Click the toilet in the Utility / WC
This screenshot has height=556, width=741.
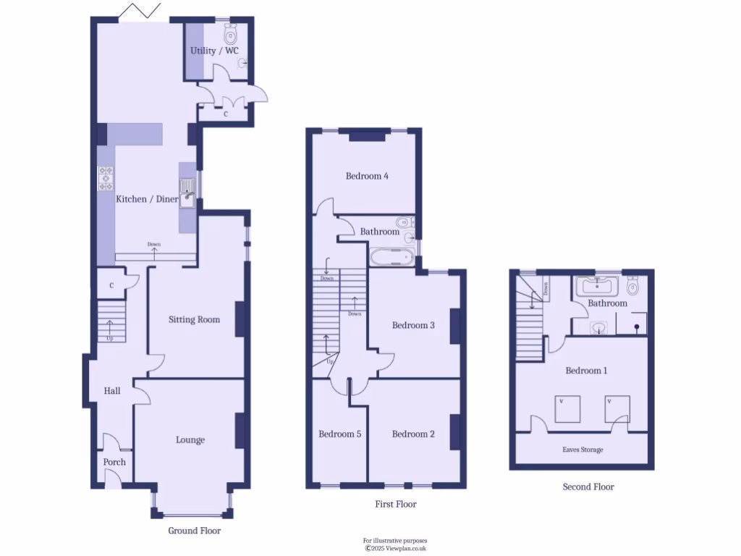pos(231,33)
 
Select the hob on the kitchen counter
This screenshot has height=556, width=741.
pos(106,178)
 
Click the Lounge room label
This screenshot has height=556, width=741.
pos(190,439)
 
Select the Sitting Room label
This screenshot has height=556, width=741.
pos(194,319)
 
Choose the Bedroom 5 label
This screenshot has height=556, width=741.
pos(339,434)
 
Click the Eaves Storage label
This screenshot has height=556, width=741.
pos(583,450)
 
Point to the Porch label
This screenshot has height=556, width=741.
pos(114,462)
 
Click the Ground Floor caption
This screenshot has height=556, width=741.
pos(194,531)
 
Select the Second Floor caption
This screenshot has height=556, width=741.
pos(588,486)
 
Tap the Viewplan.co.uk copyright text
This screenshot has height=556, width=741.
pos(395,548)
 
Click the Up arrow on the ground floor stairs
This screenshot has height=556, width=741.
pos(109,330)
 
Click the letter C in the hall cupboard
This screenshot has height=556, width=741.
pos(111,285)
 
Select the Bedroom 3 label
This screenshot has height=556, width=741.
pos(413,325)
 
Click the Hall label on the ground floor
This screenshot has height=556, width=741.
pos(112,391)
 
